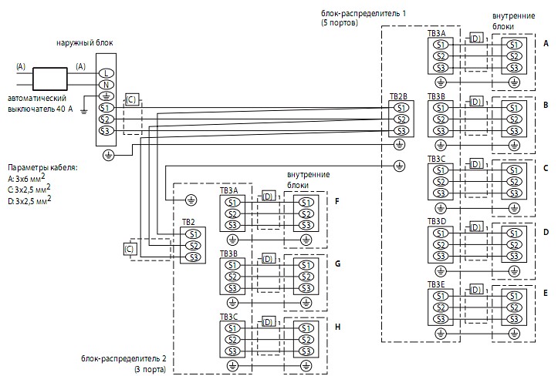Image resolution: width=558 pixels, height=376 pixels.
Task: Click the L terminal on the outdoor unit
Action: [106, 73]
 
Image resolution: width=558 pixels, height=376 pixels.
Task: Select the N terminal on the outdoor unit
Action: [106, 85]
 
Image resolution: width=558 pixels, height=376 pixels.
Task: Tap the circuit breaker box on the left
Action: [50, 79]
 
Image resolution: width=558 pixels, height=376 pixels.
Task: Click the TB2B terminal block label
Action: [398, 96]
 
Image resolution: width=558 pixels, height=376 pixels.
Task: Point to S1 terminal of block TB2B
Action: [401, 108]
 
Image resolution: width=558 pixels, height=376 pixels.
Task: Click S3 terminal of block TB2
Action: [193, 257]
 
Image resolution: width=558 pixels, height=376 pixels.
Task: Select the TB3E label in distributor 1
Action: [436, 284]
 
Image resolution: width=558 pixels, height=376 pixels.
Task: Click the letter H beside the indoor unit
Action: [338, 327]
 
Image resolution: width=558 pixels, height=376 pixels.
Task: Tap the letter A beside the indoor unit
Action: [546, 43]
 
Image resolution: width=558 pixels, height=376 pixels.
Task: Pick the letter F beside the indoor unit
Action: [337, 202]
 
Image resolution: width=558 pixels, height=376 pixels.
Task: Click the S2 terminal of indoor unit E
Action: [514, 307]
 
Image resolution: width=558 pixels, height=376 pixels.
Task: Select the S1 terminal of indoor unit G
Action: [306, 265]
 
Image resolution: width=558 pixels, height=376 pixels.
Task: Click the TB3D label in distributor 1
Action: [437, 221]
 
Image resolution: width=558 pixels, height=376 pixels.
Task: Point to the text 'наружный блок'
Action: [85, 43]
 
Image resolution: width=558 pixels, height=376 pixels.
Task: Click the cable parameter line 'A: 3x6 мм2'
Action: [27, 178]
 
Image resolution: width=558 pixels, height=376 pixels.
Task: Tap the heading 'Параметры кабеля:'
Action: [42, 167]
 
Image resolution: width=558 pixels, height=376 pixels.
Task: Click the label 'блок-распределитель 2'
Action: [123, 358]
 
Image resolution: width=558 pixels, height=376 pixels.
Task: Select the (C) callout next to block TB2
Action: [129, 249]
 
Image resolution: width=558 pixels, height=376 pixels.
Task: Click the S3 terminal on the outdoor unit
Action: [106, 131]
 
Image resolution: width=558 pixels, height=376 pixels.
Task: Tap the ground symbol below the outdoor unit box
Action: [109, 155]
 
